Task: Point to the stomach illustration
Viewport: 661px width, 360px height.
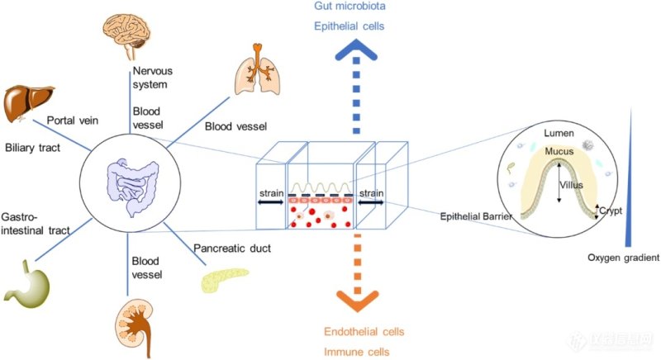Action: pos(26,286)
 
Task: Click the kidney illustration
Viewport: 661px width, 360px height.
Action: pos(131,326)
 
